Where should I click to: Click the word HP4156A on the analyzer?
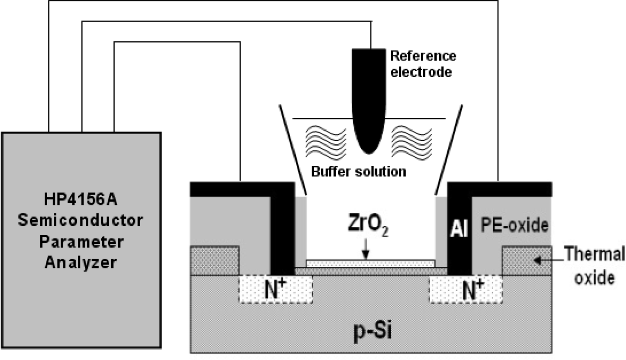[81, 199]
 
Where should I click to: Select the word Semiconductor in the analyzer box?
[81, 220]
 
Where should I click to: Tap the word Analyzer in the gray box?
[81, 262]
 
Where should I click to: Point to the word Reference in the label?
[423, 56]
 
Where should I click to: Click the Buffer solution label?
[358, 171]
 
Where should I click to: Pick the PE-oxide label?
[514, 225]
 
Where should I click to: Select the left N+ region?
[276, 289]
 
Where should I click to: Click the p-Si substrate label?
[372, 330]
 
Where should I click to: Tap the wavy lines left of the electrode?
[326, 143]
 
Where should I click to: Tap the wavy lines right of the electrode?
[412, 143]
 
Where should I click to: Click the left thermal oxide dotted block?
[215, 260]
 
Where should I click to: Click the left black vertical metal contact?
[282, 238]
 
